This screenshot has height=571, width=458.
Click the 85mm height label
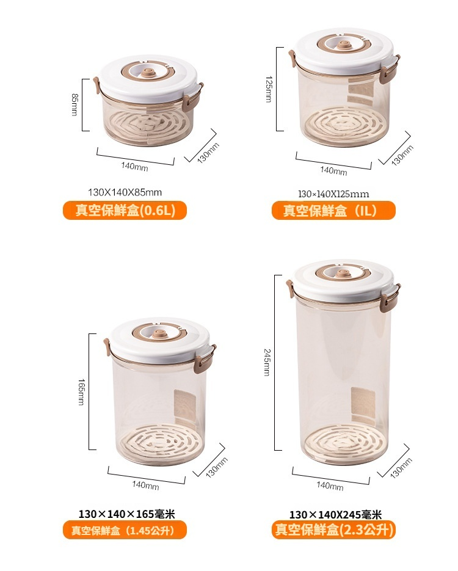[75, 105]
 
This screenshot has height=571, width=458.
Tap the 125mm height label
[269, 89]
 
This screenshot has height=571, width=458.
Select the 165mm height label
[81, 392]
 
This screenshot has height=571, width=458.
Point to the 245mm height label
[267, 362]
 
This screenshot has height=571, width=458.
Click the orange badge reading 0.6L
[125, 211]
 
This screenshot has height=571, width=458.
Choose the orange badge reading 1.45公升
[125, 530]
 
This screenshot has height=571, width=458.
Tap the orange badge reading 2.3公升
[333, 529]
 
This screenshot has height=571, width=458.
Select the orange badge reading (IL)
[333, 211]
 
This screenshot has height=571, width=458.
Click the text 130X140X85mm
[125, 192]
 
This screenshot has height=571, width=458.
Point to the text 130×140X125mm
[333, 194]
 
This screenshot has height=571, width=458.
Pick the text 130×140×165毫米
[126, 514]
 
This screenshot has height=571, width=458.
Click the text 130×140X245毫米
[335, 515]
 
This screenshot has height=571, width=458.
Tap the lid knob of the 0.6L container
[147, 72]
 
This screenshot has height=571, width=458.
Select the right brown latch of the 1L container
[389, 71]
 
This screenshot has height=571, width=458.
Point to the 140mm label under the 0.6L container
[135, 167]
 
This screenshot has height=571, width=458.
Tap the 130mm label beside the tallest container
[401, 468]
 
